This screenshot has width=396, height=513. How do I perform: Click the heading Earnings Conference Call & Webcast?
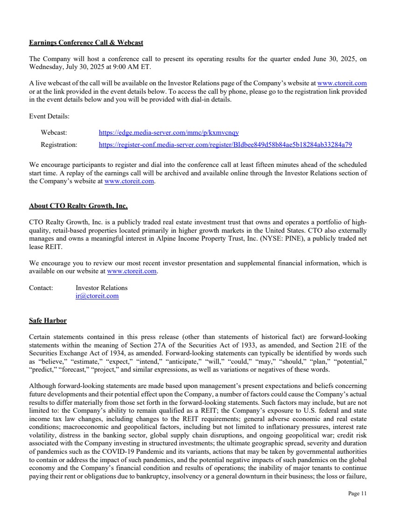click(x=86, y=43)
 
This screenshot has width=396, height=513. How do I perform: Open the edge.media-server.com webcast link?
click(x=169, y=133)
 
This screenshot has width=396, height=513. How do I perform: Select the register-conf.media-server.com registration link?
click(x=225, y=145)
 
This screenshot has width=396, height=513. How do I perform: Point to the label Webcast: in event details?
click(x=54, y=133)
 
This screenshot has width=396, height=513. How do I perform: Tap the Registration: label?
click(x=59, y=145)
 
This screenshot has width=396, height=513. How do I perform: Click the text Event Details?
click(x=49, y=116)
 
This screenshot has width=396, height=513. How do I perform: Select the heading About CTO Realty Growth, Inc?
click(x=78, y=206)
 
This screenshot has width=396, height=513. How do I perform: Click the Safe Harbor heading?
click(x=48, y=320)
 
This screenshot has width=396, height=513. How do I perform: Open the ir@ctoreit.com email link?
click(x=97, y=296)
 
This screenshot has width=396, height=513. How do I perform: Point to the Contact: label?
click(x=41, y=288)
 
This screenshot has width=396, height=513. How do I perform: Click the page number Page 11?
click(x=358, y=493)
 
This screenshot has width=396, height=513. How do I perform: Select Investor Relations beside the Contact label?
click(x=101, y=288)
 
